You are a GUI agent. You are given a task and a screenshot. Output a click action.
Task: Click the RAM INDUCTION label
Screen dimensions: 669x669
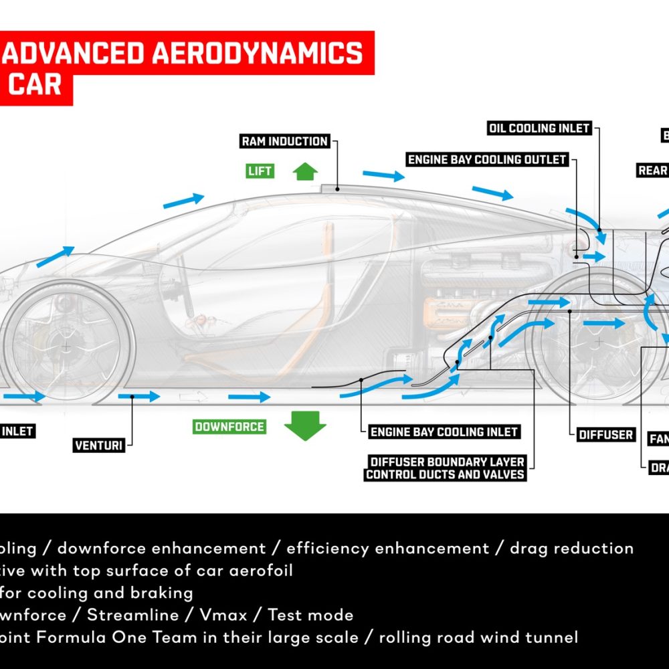(285, 142)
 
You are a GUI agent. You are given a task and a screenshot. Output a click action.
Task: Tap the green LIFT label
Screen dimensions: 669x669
(260, 171)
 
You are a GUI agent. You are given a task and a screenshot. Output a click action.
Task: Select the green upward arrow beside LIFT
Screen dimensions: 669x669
(305, 171)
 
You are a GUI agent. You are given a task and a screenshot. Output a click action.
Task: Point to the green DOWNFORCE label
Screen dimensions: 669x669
(229, 427)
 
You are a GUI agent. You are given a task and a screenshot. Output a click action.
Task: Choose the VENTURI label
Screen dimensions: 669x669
(99, 445)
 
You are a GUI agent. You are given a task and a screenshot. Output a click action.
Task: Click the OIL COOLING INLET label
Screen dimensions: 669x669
(539, 128)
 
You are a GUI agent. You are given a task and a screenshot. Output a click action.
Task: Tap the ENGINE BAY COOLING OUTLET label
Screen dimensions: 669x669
(488, 160)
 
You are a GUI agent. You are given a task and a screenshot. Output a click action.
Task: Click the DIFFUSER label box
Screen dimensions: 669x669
(606, 435)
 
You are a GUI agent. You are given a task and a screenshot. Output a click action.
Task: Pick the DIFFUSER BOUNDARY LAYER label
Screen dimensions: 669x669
(446, 462)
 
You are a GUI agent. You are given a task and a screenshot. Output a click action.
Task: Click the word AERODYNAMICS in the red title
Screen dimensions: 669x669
(258, 53)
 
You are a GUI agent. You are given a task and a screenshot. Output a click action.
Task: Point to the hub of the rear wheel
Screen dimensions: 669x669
(597, 343)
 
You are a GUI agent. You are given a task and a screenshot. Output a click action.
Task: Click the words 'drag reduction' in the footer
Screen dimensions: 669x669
(571, 549)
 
